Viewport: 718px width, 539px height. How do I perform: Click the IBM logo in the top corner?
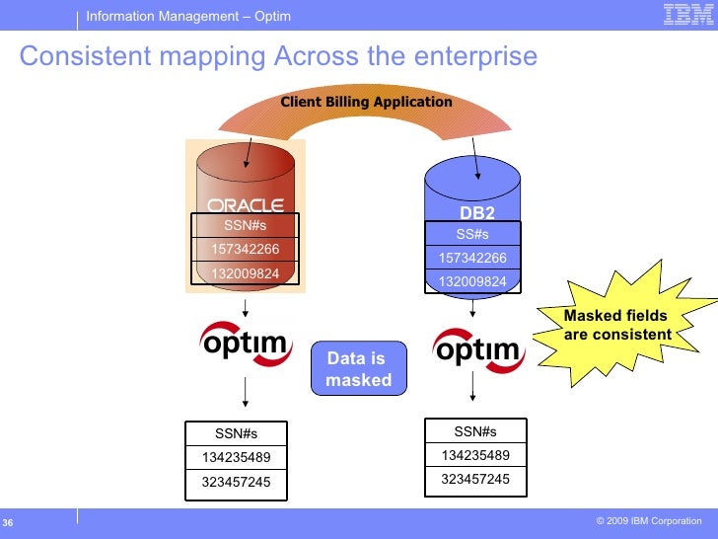682,14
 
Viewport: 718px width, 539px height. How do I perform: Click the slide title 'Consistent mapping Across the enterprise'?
278,56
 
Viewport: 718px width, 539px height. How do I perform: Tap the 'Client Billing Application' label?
366,102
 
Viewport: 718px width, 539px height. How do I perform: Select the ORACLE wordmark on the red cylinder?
246,205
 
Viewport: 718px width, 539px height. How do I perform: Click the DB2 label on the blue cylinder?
477,212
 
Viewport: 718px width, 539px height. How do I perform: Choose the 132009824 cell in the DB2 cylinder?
472,281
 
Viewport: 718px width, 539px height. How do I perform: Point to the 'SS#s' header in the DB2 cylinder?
472,234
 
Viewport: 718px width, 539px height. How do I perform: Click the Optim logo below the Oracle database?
245,346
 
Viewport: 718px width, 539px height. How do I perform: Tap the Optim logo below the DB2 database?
477,349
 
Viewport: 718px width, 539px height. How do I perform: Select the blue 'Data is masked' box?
357,369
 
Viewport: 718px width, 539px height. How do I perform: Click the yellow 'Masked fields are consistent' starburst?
617,325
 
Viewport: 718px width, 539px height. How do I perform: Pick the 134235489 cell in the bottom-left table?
236,457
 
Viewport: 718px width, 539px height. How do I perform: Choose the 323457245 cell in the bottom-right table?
475,479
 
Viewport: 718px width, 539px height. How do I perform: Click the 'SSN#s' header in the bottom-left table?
236,433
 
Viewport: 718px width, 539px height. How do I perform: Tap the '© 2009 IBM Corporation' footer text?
649,520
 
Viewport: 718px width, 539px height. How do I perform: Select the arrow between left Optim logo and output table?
245,393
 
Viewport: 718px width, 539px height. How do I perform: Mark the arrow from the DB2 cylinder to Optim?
473,307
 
